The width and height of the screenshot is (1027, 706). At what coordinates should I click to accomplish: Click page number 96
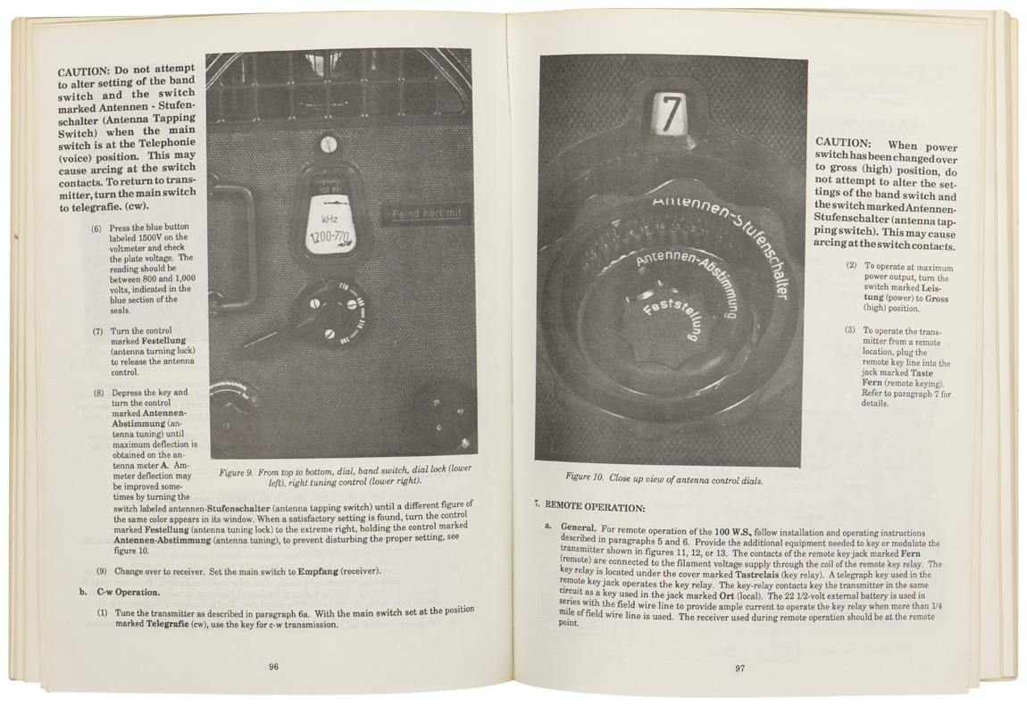pyautogui.click(x=273, y=666)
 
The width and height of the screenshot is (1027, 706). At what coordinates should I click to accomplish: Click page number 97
pyautogui.click(x=740, y=669)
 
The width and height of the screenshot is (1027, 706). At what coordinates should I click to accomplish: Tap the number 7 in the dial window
pyautogui.click(x=672, y=113)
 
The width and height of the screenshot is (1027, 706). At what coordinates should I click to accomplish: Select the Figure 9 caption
pyautogui.click(x=346, y=476)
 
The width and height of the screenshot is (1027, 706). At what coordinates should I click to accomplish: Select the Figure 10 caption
pyautogui.click(x=664, y=479)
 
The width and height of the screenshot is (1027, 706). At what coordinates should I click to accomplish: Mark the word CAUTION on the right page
pyautogui.click(x=843, y=143)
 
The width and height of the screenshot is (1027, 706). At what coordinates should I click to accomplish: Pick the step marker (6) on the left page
pyautogui.click(x=97, y=228)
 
